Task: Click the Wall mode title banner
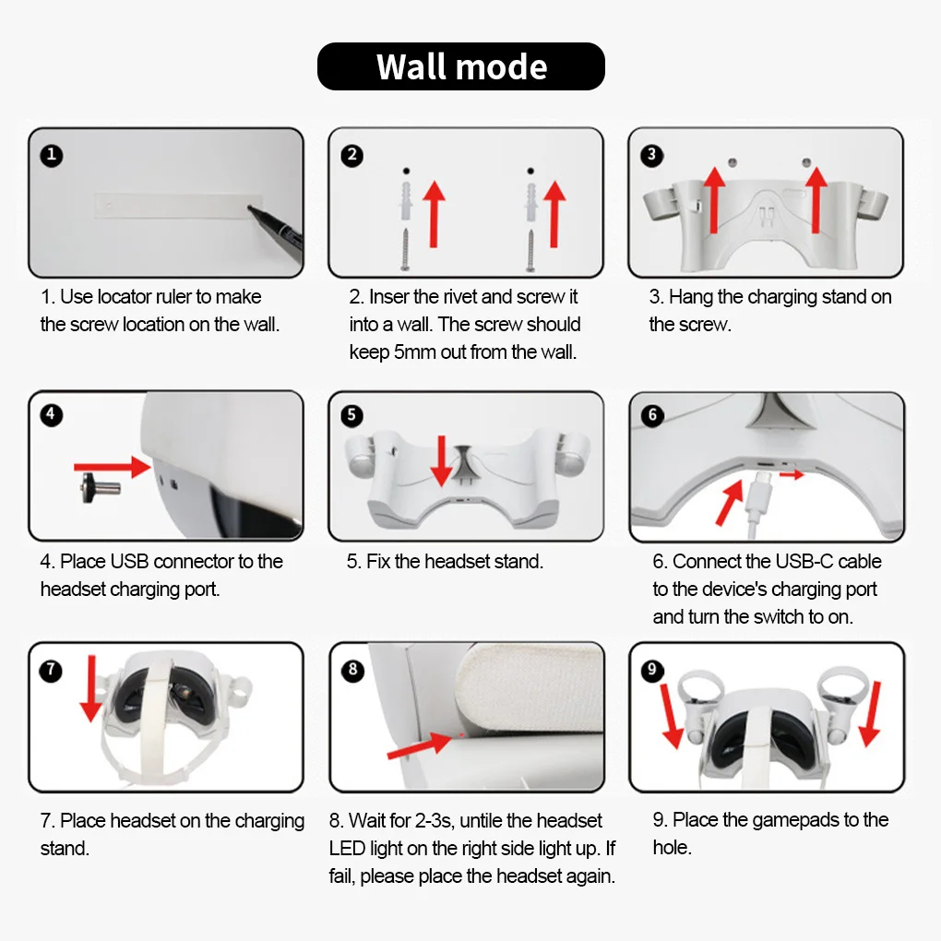[x=461, y=66]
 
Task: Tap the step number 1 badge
[x=52, y=155]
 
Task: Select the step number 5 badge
[x=351, y=415]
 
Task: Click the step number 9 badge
[x=652, y=670]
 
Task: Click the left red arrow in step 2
[x=434, y=214]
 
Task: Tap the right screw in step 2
[x=530, y=250]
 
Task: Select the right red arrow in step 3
[x=816, y=200]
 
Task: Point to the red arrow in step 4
[x=113, y=467]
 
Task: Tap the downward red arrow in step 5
[x=442, y=461]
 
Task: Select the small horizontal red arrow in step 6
[x=792, y=475]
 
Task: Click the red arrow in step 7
[x=91, y=688]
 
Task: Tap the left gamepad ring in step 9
[x=698, y=687]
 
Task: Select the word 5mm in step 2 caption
[x=415, y=352]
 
